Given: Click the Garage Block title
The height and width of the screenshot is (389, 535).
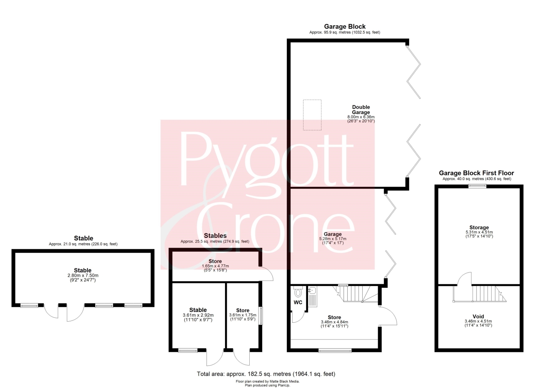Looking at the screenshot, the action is pyautogui.click(x=345, y=26).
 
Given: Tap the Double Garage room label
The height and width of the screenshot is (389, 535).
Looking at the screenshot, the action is pyautogui.click(x=361, y=109).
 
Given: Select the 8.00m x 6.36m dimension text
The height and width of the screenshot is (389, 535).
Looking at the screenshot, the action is pyautogui.click(x=361, y=117).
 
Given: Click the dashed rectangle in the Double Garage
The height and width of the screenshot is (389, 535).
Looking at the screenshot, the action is pyautogui.click(x=312, y=115).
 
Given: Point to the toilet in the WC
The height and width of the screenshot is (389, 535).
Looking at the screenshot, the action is pyautogui.click(x=298, y=292).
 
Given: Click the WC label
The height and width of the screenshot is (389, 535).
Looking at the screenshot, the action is pyautogui.click(x=298, y=303).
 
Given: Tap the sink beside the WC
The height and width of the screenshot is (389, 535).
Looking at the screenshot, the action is pyautogui.click(x=312, y=297).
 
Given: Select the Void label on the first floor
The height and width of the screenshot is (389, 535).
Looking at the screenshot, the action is pyautogui.click(x=478, y=316).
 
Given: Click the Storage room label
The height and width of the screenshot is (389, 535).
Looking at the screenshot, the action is pyautogui.click(x=479, y=227).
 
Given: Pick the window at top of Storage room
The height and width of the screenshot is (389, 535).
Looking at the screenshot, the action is pyautogui.click(x=477, y=186).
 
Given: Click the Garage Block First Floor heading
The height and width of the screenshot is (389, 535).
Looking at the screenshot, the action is pyautogui.click(x=476, y=173).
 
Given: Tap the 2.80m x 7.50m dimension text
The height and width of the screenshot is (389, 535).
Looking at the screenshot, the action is pyautogui.click(x=83, y=275).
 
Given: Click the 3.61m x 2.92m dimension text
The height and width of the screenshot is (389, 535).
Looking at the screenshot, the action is pyautogui.click(x=198, y=315).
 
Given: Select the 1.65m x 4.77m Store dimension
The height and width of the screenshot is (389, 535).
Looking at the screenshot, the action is pyautogui.click(x=215, y=266).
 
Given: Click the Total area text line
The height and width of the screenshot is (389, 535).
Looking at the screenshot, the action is pyautogui.click(x=266, y=374).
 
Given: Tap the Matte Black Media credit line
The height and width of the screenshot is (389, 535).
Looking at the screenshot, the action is pyautogui.click(x=267, y=382).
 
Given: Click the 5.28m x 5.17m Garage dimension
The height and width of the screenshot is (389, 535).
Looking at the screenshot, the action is pyautogui.click(x=333, y=239).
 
